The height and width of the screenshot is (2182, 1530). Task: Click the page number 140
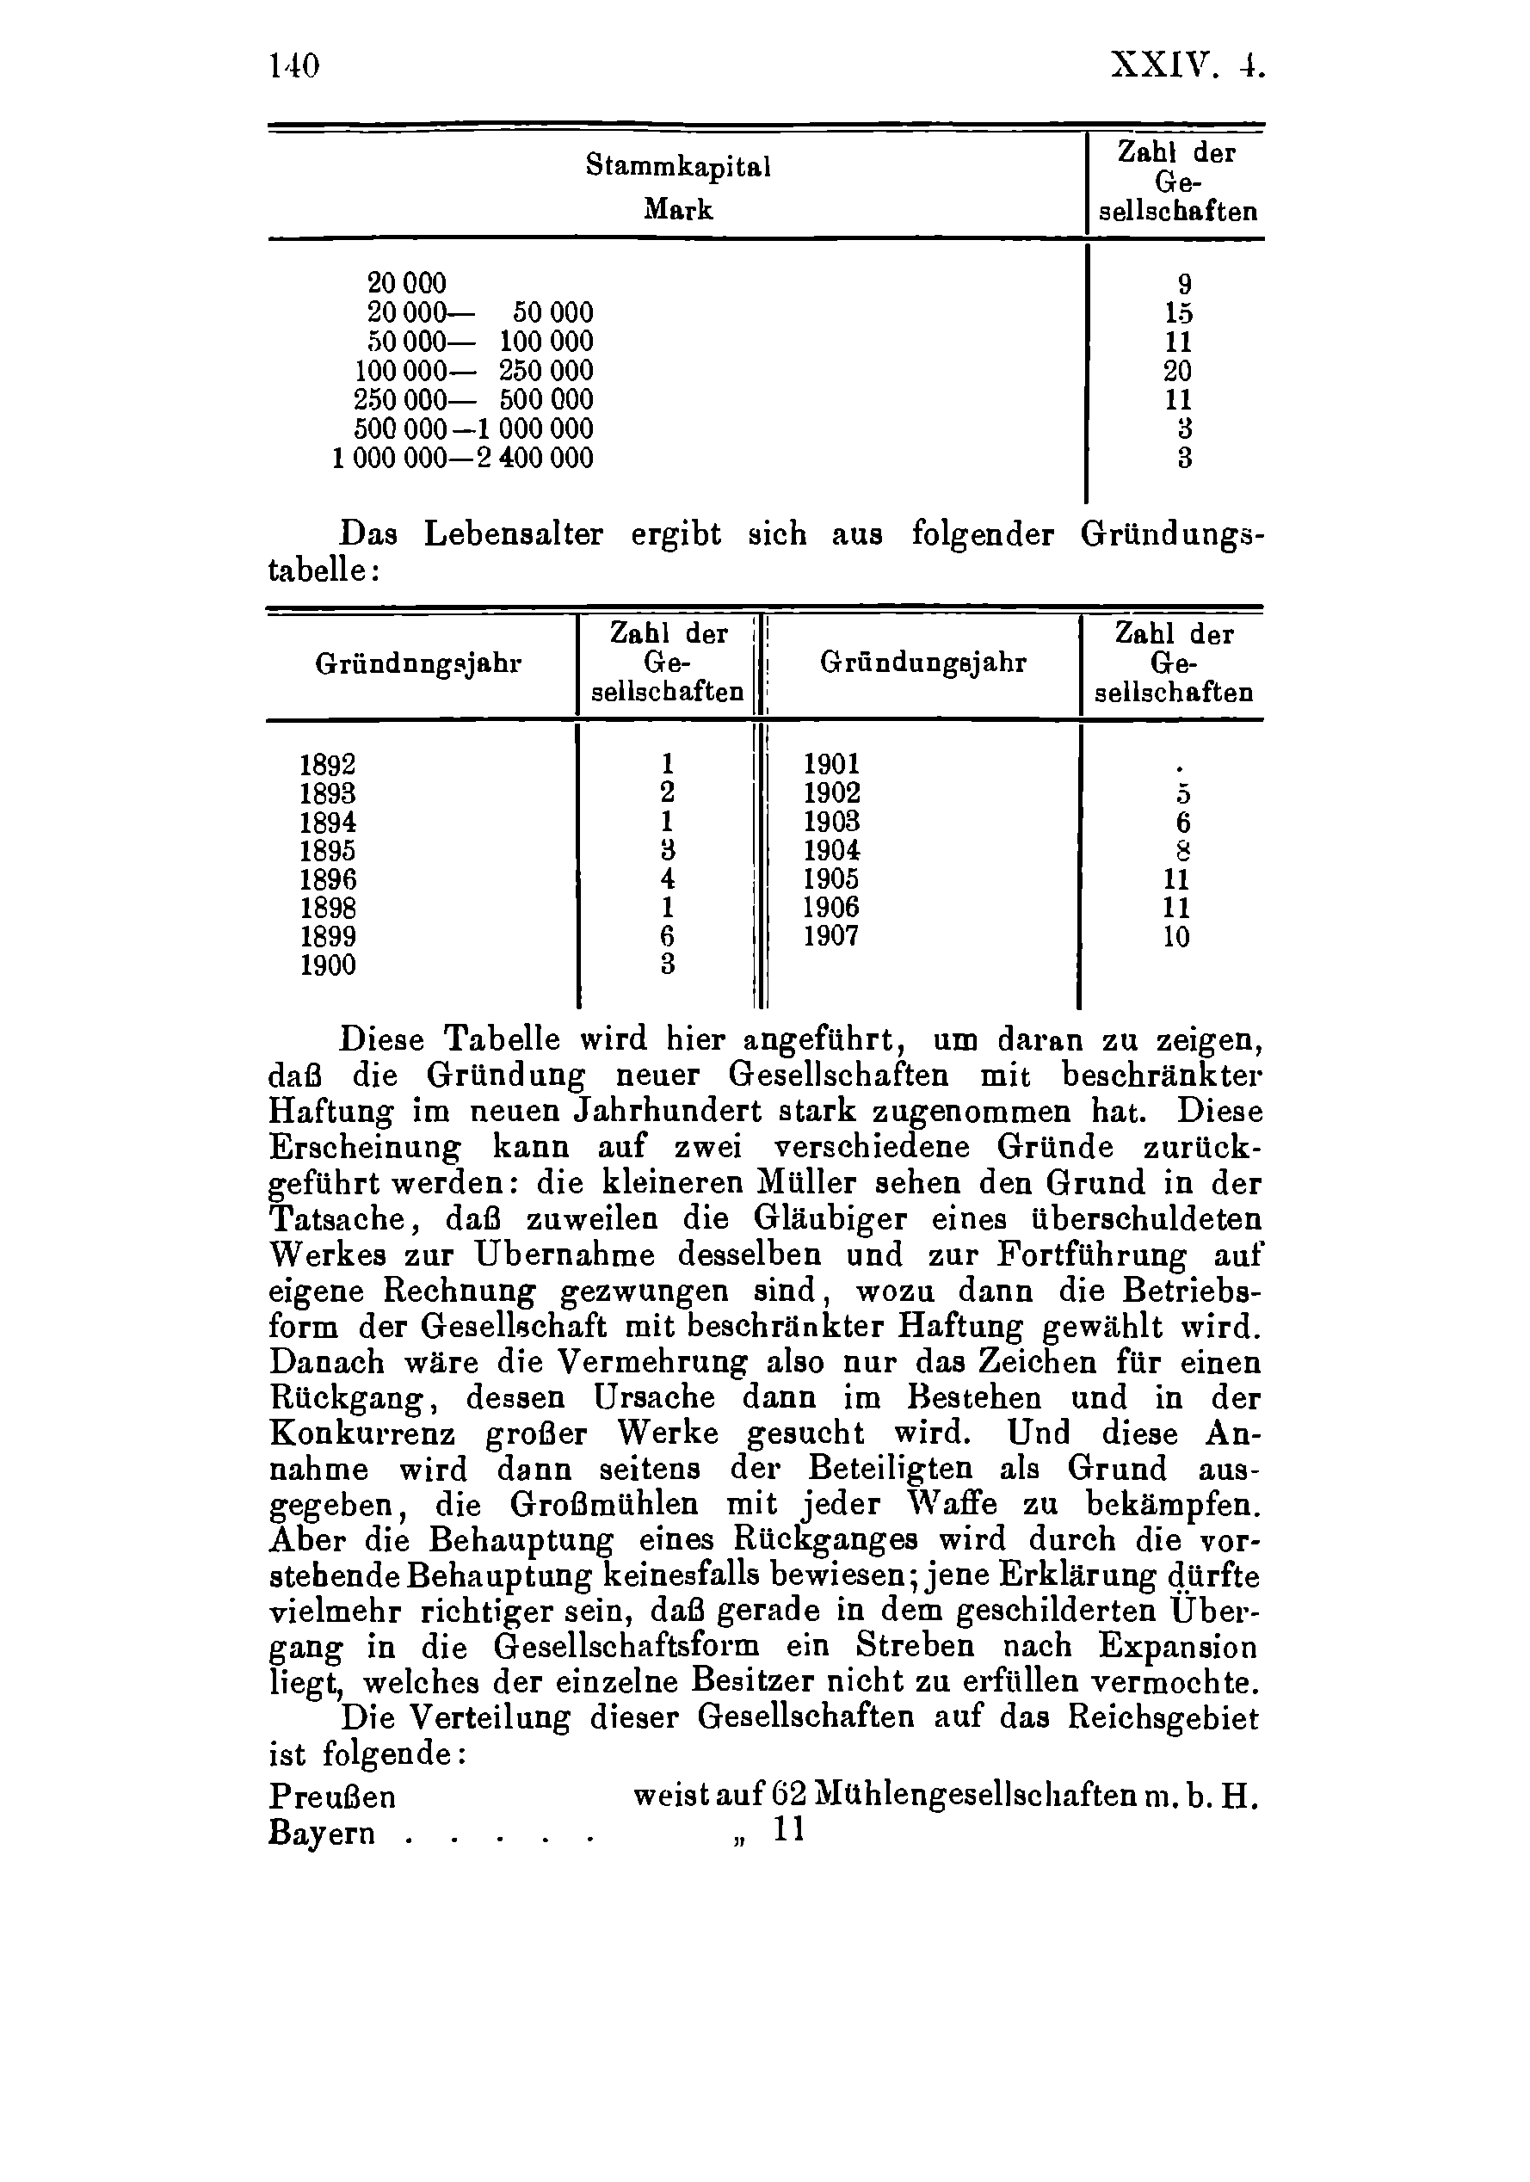click(294, 66)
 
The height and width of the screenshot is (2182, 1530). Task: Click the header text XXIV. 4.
click(1187, 66)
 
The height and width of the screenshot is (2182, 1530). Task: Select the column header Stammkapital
click(677, 166)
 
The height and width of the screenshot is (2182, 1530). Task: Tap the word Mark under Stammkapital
click(677, 209)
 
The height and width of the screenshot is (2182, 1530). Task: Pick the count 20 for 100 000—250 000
click(1176, 371)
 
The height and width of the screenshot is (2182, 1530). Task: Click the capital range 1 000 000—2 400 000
click(463, 458)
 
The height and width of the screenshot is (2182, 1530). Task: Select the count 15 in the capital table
click(1177, 312)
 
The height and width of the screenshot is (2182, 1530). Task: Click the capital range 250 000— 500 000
click(473, 399)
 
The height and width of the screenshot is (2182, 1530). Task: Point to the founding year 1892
click(328, 764)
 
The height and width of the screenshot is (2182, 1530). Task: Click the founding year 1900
click(328, 965)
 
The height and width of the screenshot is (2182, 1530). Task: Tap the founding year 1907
click(830, 936)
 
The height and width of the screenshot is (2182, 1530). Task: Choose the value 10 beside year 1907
click(1175, 937)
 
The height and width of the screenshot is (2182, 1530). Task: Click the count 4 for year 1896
click(667, 879)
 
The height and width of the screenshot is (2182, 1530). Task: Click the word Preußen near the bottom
click(333, 1797)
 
